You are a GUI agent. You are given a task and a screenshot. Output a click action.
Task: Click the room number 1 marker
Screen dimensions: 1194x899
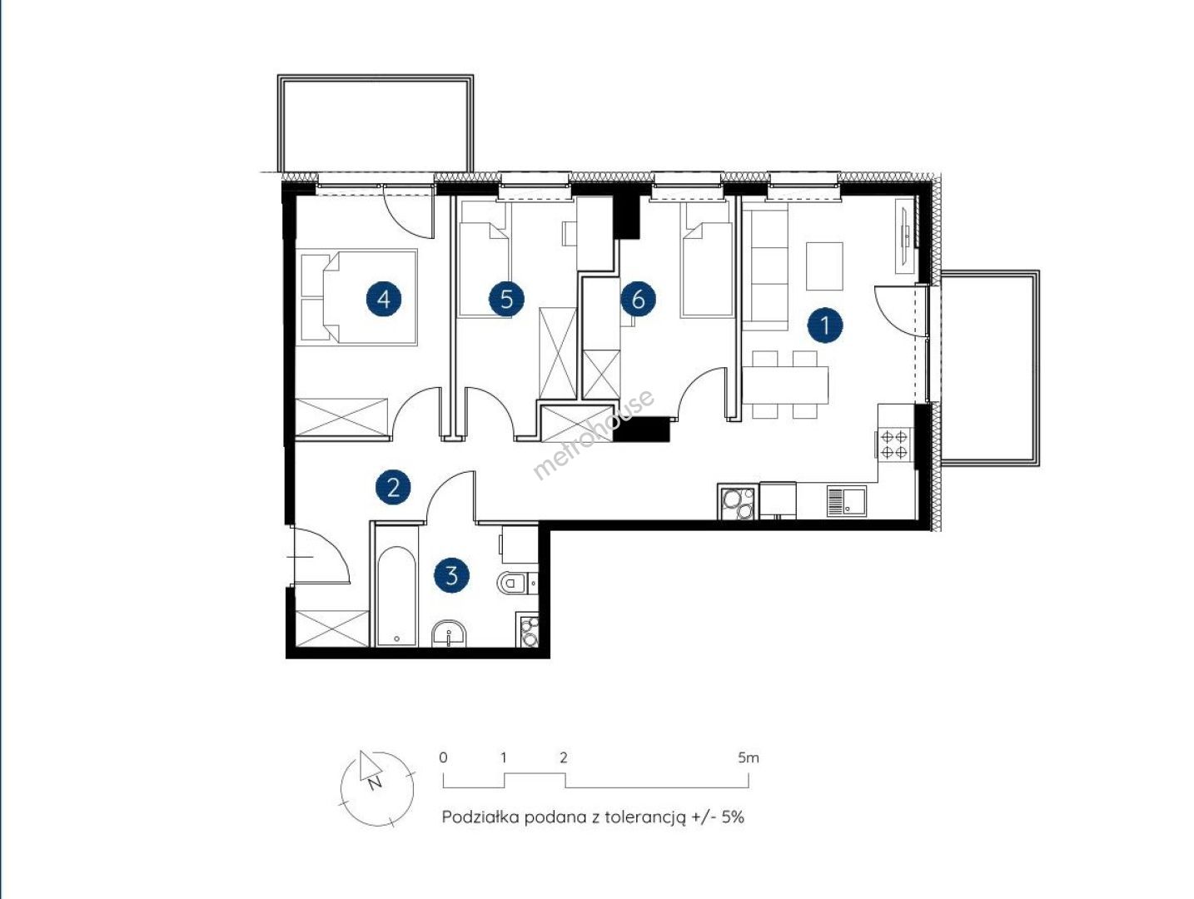tap(824, 325)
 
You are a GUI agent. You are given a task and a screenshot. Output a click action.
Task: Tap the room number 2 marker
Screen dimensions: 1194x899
tap(393, 487)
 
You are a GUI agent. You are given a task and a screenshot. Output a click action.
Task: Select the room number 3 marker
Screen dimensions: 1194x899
tap(451, 575)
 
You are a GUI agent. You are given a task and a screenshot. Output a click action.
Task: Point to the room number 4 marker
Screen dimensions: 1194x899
tap(384, 299)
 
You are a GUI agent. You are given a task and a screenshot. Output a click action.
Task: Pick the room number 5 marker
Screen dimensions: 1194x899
tap(506, 299)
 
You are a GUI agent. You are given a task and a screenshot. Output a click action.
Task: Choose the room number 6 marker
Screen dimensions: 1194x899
tap(639, 299)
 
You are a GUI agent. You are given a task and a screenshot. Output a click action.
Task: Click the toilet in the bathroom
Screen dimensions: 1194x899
tap(516, 583)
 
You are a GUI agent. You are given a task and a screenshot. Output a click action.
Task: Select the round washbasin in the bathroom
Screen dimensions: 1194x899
tap(449, 633)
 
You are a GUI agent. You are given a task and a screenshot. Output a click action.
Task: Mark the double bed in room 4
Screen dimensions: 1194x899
tap(358, 297)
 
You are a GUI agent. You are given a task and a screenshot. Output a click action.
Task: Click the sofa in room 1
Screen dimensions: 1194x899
tap(765, 270)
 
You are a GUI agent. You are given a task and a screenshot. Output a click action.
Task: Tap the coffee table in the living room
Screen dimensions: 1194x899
tap(824, 266)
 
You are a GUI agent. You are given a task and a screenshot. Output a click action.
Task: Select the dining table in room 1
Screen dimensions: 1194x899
tap(785, 385)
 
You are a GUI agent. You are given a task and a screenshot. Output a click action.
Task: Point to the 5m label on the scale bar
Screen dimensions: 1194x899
tap(749, 757)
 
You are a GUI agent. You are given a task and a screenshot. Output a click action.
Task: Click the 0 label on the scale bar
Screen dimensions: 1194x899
tap(443, 757)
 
